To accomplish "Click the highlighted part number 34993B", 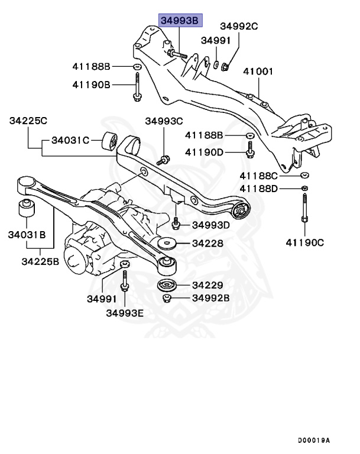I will pyautogui.click(x=180, y=21).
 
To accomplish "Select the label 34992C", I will pyautogui.click(x=239, y=26).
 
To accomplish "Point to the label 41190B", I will pyautogui.click(x=91, y=85).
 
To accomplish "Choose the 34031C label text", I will pyautogui.click(x=70, y=141).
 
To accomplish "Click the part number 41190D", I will pyautogui.click(x=205, y=153).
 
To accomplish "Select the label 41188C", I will pyautogui.click(x=258, y=176).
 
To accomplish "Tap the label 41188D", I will pyautogui.click(x=258, y=189).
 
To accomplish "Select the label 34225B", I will pyautogui.click(x=41, y=261).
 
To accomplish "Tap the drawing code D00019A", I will pyautogui.click(x=314, y=440).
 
